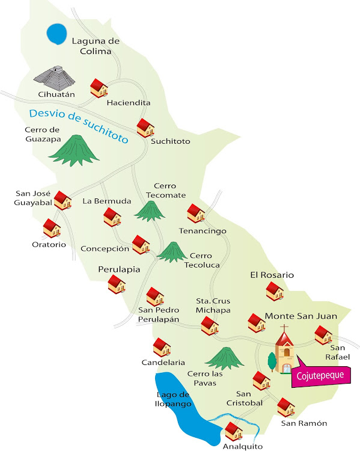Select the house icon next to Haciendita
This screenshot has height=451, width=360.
click(x=99, y=88)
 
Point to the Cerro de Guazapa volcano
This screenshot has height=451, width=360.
click(x=74, y=150)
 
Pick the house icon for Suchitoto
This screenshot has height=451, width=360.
click(x=145, y=127)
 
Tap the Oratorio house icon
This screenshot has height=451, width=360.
click(x=52, y=228)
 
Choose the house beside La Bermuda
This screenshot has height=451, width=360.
click(x=112, y=217)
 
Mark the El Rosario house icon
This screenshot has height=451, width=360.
click(x=275, y=291)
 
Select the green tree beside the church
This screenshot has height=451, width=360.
click(x=272, y=361)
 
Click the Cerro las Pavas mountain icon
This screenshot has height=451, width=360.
click(x=224, y=358)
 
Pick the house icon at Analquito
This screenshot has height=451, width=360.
click(x=233, y=431)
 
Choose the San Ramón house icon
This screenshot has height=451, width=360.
click(x=286, y=407)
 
